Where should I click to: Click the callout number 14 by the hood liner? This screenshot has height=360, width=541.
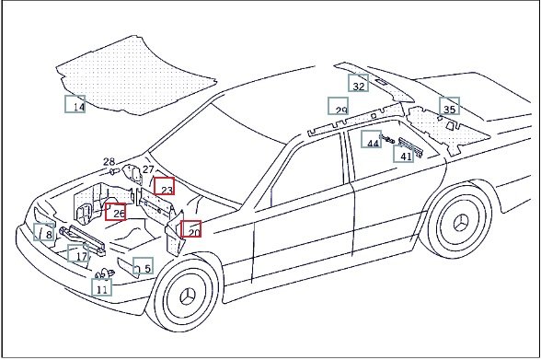coord(75,104)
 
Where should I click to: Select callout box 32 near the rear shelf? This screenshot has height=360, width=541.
coord(358,83)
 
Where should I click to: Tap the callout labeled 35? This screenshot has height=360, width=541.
coord(449,106)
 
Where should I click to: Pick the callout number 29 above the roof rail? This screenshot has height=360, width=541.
coord(339,106)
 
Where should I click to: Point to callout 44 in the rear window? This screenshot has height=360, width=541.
coord(372,139)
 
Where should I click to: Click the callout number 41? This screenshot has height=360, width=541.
coord(404,154)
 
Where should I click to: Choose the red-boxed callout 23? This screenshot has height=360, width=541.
coord(164,186)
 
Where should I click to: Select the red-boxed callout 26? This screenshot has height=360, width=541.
coord(116,211)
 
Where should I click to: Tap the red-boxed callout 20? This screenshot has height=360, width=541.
coord(191,229)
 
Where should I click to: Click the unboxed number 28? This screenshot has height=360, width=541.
coord(109,161)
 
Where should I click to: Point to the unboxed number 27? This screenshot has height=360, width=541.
coord(148,169)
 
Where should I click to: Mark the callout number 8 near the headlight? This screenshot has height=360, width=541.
coord(44,232)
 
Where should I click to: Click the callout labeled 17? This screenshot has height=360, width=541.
coord(78,253)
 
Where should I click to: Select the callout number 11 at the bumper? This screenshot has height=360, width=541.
coord(102,287)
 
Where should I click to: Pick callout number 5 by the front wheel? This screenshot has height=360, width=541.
coord(144,266)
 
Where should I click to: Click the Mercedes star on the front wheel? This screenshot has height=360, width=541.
coord(188,296)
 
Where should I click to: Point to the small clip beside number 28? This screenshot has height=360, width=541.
coord(114,170)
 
